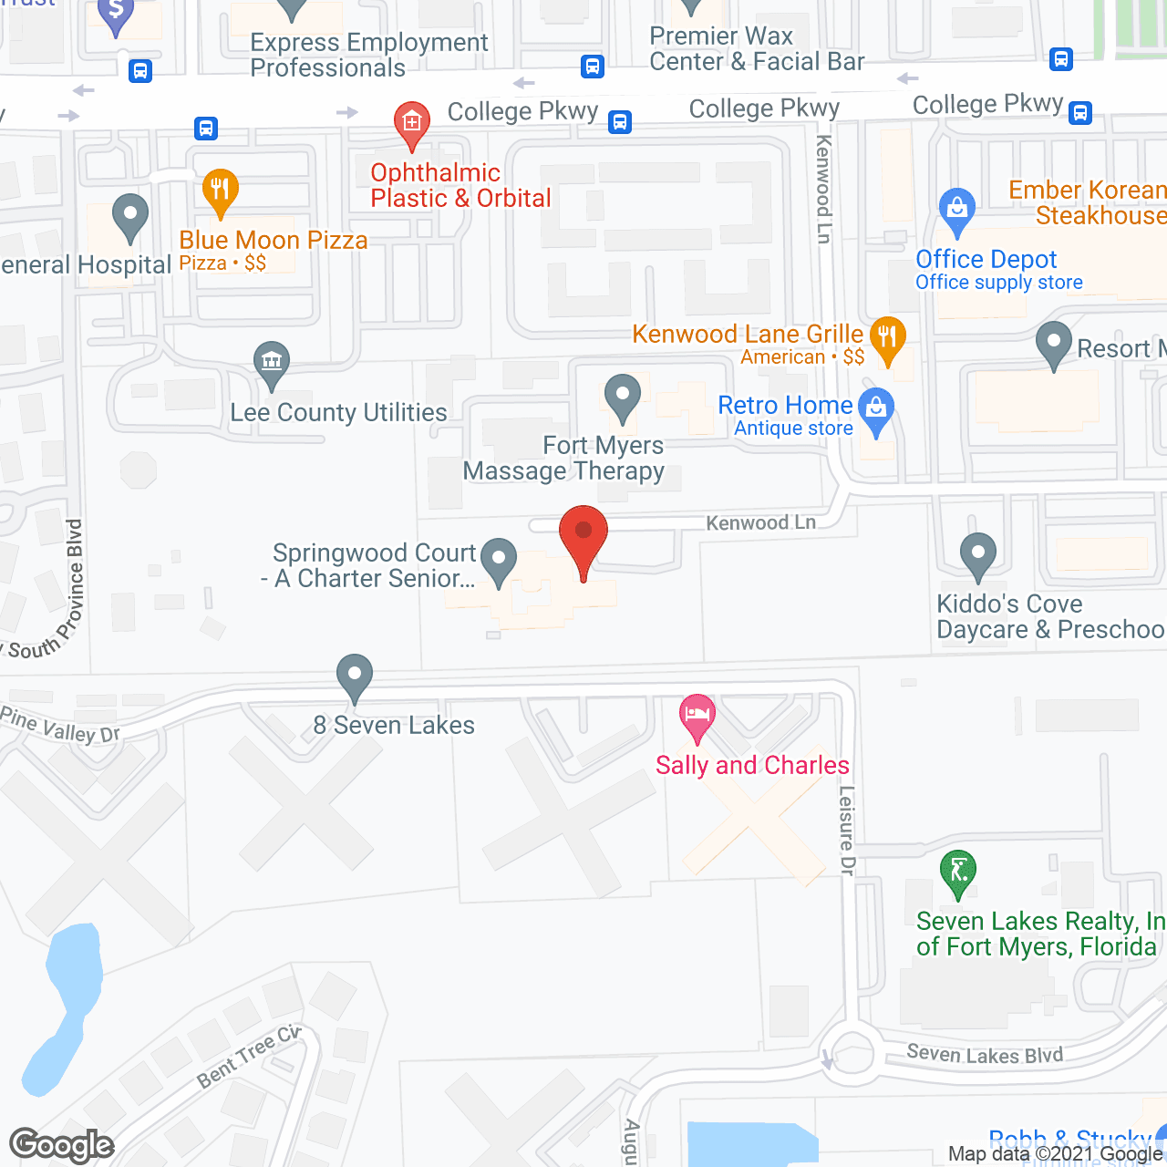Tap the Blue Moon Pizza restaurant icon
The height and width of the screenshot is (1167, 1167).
(220, 190)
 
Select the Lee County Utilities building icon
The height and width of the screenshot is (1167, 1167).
(271, 362)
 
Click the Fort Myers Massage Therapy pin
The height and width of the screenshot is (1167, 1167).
(623, 397)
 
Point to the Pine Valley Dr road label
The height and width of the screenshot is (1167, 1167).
(60, 725)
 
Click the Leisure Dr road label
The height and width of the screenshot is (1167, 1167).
(847, 831)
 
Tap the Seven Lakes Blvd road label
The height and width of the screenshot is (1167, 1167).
(985, 1055)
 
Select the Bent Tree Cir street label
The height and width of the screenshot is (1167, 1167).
(249, 1057)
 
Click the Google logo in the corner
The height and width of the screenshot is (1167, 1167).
(62, 1145)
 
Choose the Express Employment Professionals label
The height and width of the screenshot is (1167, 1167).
(368, 55)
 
